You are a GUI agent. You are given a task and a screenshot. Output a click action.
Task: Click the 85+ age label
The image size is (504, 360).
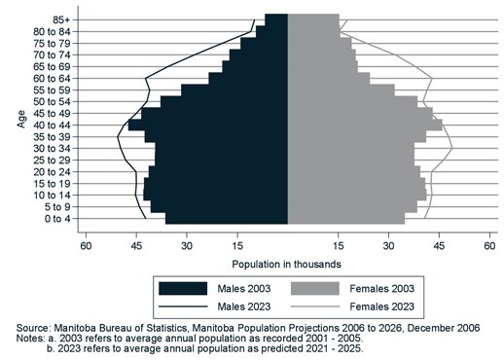click(60, 19)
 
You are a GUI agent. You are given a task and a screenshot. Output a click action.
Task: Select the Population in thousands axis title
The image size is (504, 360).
click(287, 264)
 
